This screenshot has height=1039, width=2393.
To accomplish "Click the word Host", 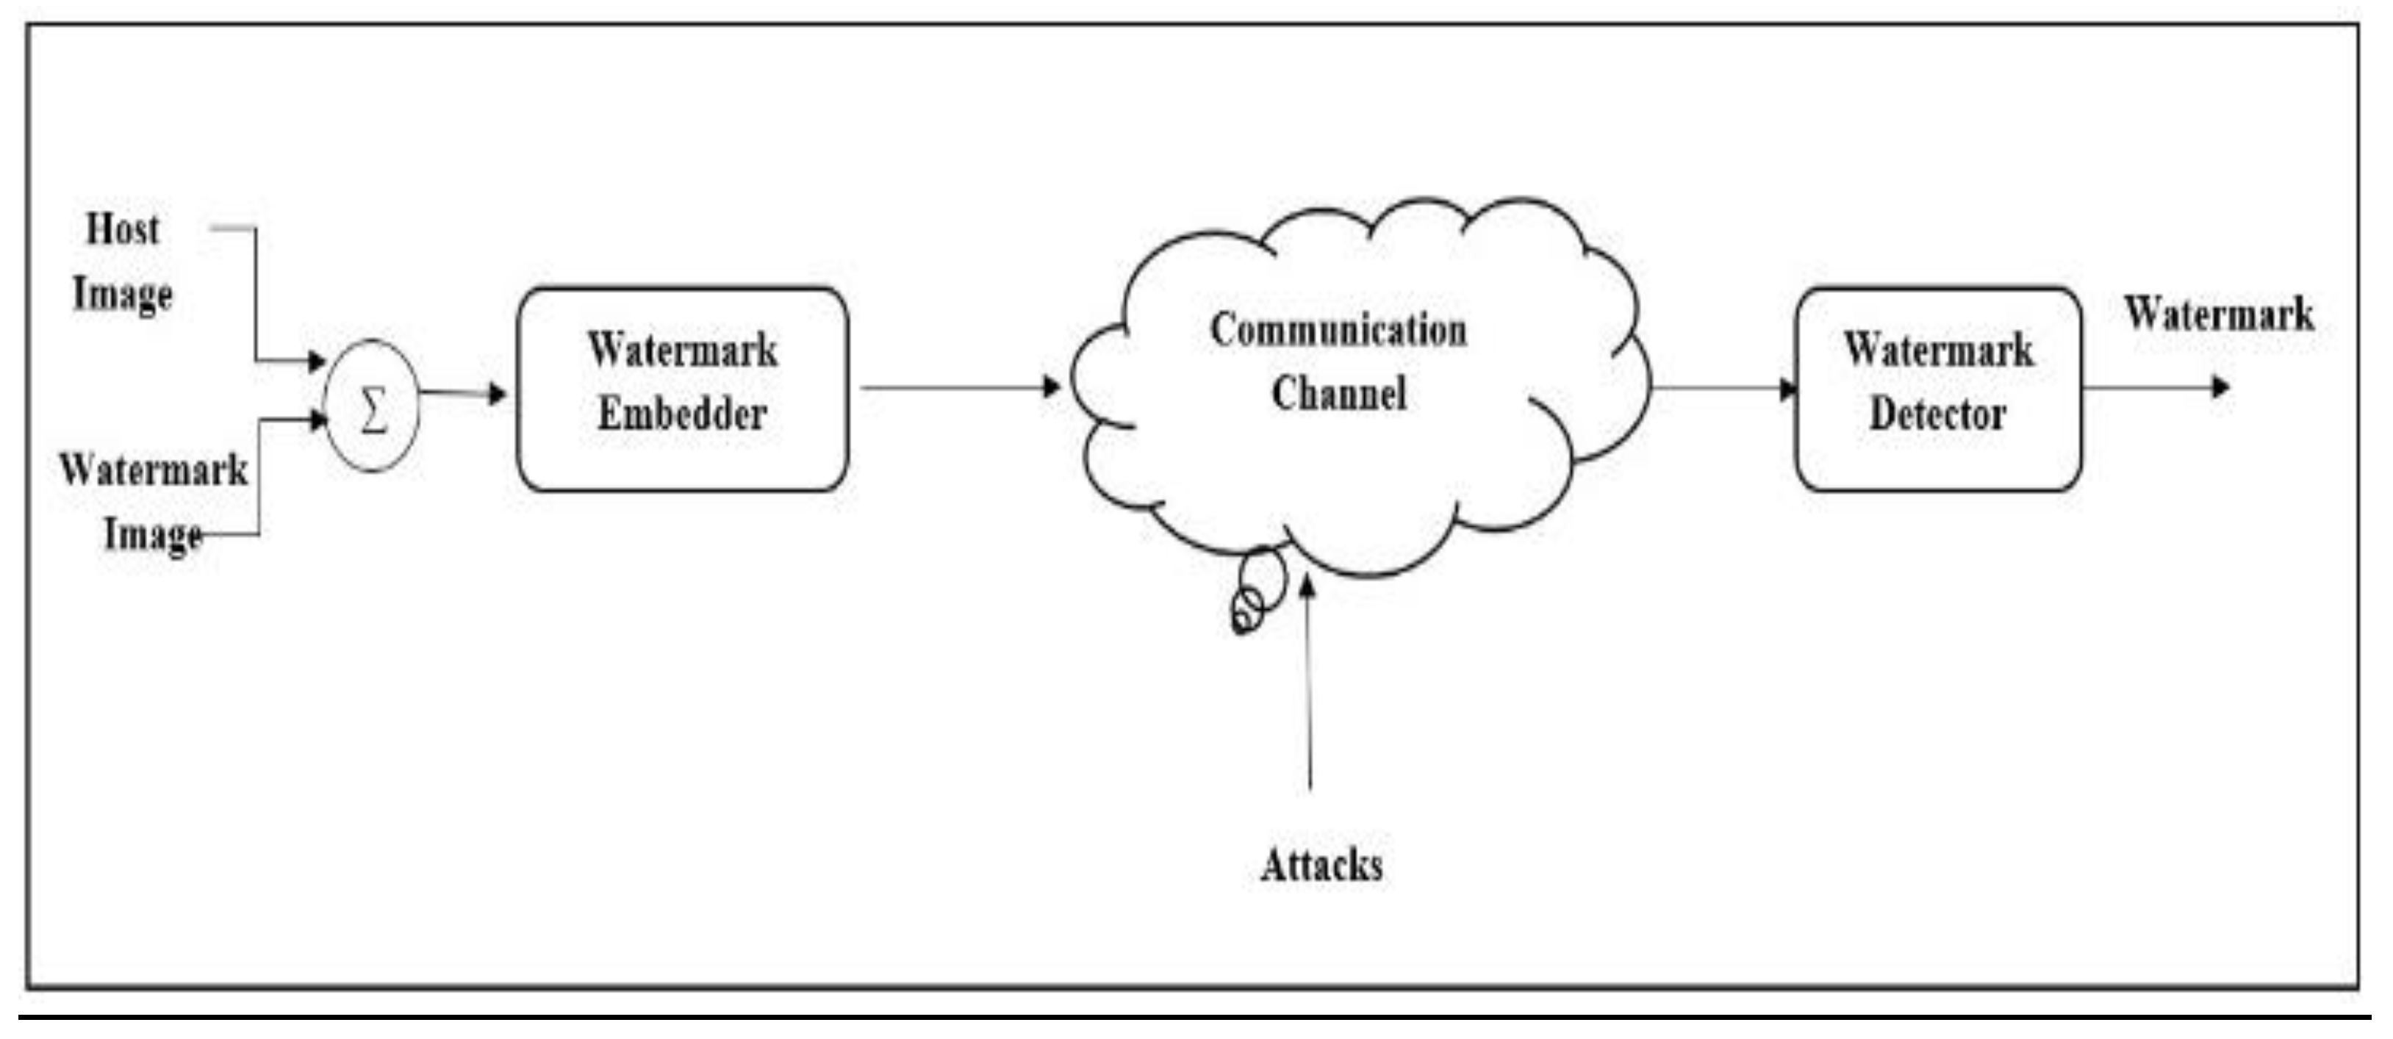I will (x=122, y=229).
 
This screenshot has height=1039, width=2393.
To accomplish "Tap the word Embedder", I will (x=682, y=414).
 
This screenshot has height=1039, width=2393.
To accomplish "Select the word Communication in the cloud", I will (x=1338, y=331).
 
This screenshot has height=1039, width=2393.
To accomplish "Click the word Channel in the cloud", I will (x=1338, y=394).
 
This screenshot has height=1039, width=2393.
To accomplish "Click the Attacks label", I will (x=1321, y=866).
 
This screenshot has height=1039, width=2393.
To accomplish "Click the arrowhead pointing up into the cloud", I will (x=1308, y=586).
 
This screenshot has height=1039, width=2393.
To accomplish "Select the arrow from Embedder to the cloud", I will (x=957, y=387).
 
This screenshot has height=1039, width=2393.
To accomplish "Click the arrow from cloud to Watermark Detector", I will (x=1723, y=388).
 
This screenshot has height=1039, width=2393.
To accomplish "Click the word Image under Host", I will (x=123, y=295).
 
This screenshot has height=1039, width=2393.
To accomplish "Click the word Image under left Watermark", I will (x=152, y=534).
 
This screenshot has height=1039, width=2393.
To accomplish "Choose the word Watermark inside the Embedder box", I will (x=682, y=350).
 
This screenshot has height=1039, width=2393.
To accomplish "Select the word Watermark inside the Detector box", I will (x=1938, y=350).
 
